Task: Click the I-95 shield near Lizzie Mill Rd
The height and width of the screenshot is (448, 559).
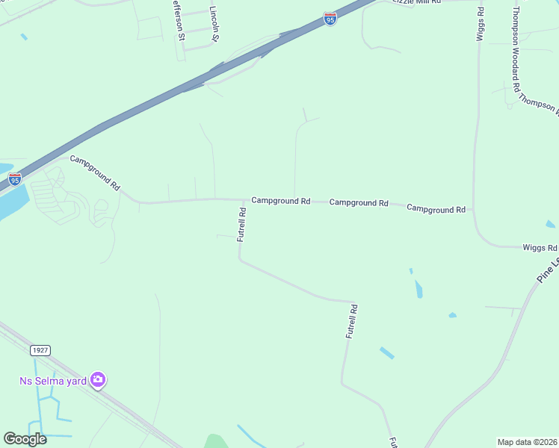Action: [331, 19]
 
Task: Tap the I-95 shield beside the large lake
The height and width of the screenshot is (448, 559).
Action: [14, 179]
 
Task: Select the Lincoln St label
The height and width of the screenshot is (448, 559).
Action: [214, 24]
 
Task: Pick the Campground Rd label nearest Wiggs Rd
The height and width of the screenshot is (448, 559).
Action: [436, 209]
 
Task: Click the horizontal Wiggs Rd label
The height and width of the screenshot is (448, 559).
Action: [540, 247]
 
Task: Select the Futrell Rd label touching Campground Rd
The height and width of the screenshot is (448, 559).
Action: [241, 223]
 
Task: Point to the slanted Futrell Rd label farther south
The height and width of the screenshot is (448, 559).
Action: [352, 322]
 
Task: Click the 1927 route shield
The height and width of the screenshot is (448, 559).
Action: [40, 349]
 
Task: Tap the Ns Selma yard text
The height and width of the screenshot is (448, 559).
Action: [52, 381]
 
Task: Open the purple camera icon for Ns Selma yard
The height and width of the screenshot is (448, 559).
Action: [98, 381]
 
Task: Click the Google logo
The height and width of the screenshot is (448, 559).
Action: [25, 439]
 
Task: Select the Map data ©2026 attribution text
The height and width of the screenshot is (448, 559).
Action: [527, 442]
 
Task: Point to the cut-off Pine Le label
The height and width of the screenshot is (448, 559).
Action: [548, 270]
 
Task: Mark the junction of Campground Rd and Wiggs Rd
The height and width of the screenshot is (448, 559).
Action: [473, 211]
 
